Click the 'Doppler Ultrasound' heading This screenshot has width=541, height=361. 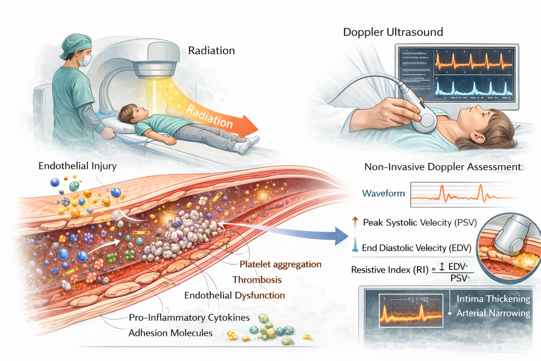393,32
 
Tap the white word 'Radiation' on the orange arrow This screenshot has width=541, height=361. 210,116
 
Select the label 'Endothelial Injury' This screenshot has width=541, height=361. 77,166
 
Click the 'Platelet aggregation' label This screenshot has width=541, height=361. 280,264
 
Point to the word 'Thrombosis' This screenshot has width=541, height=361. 257,280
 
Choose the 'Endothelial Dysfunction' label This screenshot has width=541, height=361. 235,295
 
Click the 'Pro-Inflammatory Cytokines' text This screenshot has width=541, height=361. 189,318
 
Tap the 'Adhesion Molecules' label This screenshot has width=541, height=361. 170,333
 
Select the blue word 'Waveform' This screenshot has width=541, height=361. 383,194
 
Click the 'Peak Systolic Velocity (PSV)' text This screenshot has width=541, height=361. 420,223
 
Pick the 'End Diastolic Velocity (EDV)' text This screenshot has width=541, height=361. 417,248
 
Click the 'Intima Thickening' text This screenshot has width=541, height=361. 493,299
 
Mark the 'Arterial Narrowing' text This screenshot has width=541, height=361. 493,313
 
